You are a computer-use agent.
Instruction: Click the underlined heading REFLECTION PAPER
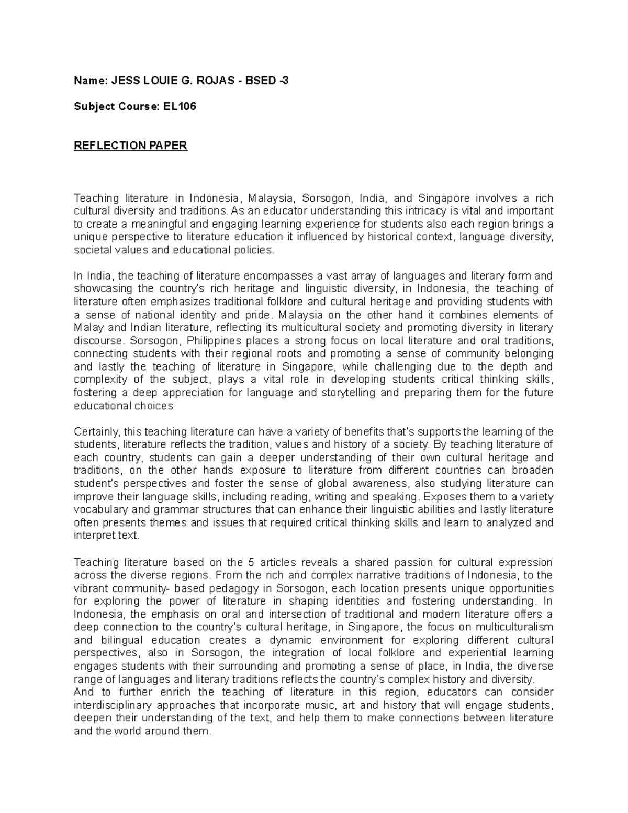click(x=130, y=146)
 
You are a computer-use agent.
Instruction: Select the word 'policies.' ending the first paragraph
click(x=255, y=250)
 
